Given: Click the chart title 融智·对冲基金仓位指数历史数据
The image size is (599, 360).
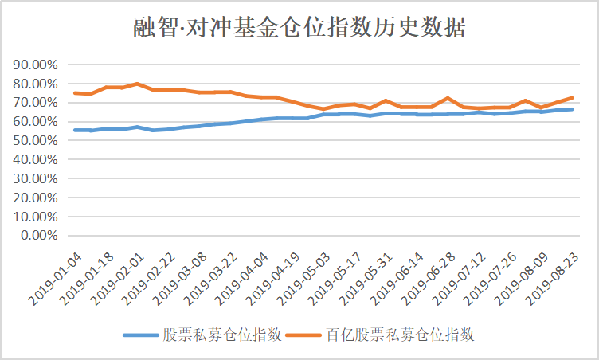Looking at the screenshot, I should [299, 28].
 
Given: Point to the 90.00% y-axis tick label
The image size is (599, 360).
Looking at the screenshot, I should [37, 65].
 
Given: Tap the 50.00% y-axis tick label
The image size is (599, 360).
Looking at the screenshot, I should [37, 140].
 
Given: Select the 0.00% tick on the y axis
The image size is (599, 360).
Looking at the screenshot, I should [41, 236].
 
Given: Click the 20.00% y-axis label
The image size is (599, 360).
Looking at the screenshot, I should [37, 198].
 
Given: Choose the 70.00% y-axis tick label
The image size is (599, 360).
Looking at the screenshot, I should [37, 103].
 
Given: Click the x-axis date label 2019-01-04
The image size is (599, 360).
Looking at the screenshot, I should [54, 276].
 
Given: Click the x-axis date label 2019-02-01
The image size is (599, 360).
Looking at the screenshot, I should [117, 276].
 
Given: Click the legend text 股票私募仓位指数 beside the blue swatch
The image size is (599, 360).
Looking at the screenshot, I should [221, 335].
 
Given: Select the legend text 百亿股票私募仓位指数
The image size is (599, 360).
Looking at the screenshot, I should [401, 335].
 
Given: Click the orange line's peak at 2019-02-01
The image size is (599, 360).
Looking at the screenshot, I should [138, 84].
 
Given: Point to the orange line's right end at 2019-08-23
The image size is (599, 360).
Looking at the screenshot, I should [572, 98].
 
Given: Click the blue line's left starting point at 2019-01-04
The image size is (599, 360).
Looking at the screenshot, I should [75, 130].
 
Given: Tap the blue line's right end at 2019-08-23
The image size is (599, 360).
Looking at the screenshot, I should [572, 109].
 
